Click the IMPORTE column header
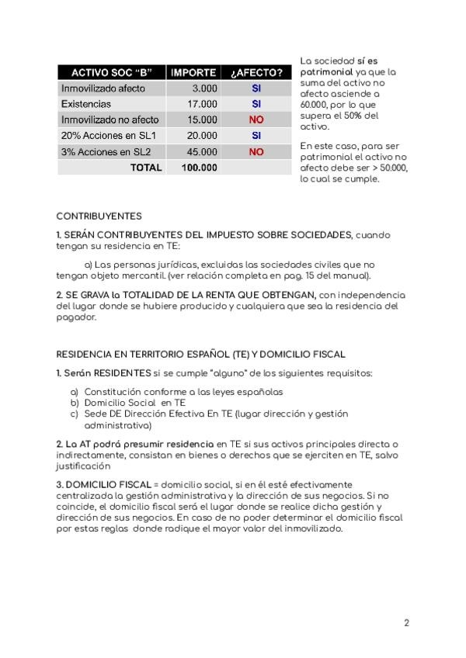coord(193,73)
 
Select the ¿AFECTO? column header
coord(256,73)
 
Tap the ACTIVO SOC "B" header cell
coord(112,73)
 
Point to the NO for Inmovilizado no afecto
coord(256,120)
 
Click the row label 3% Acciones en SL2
coord(106,152)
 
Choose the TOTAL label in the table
coord(146,168)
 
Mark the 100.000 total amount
coord(199,168)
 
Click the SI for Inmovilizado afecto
coord(256,88)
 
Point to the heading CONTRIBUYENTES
coord(99,216)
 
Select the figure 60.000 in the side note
coord(314,103)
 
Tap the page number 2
coord(406,622)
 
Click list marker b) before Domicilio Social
coord(75,403)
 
